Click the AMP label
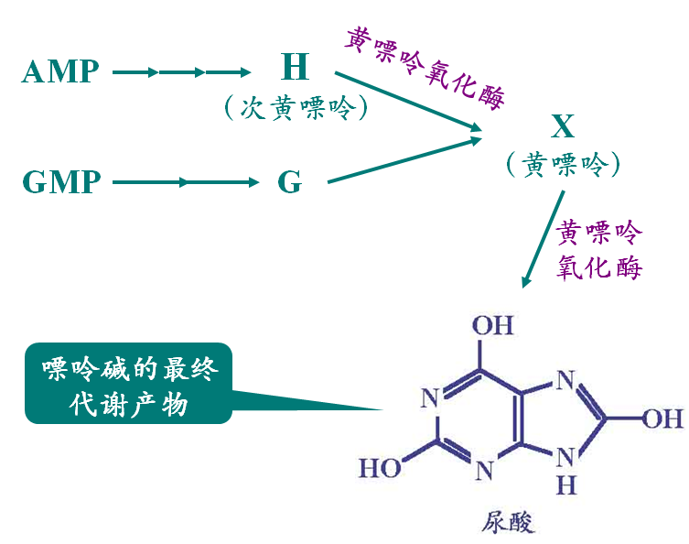(60, 71)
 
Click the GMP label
(61, 181)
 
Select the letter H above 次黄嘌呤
(295, 67)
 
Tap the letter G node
(289, 181)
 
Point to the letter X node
(563, 126)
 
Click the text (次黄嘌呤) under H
(296, 107)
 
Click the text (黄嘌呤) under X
(564, 165)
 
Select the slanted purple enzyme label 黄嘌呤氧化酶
(425, 69)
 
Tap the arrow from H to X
(408, 101)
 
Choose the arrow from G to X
(404, 160)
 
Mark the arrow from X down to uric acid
(544, 239)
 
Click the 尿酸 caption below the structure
(508, 522)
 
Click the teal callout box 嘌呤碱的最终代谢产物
(128, 383)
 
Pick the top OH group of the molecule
(492, 326)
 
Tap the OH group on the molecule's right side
(662, 418)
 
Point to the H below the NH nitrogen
(566, 485)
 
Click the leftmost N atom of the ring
(430, 398)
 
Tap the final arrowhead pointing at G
(253, 182)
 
